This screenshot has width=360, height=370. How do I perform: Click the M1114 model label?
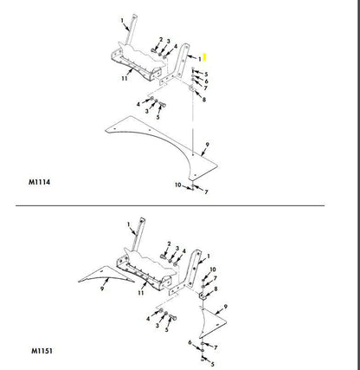pyautogui.click(x=39, y=182)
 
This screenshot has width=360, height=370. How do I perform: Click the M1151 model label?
pyautogui.click(x=42, y=351)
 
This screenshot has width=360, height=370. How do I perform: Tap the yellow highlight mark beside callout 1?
pyautogui.click(x=205, y=57)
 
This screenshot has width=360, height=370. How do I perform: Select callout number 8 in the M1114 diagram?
pyautogui.click(x=204, y=100)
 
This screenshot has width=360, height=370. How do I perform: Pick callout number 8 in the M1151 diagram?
pyautogui.click(x=215, y=289)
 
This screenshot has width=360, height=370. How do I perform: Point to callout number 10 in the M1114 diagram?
pyautogui.click(x=178, y=185)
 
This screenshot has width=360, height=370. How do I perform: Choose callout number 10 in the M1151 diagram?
pyautogui.click(x=213, y=269)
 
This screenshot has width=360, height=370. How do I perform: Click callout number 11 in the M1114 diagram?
pyautogui.click(x=125, y=78)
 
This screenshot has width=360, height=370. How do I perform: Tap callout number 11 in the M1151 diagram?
pyautogui.click(x=140, y=293)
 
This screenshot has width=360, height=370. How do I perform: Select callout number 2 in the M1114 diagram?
pyautogui.click(x=161, y=40)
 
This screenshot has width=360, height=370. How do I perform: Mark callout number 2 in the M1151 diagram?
pyautogui.click(x=169, y=244)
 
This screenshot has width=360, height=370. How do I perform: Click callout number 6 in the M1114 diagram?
pyautogui.click(x=206, y=81)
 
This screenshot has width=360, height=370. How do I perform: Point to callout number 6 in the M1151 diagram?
pyautogui.click(x=190, y=342)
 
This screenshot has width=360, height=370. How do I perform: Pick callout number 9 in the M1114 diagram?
pyautogui.click(x=207, y=145)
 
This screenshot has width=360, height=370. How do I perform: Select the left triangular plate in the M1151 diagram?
pyautogui.click(x=105, y=274)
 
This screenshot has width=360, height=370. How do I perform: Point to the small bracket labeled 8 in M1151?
pyautogui.click(x=202, y=296)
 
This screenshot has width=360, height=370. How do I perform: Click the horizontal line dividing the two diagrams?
pyautogui.click(x=170, y=205)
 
